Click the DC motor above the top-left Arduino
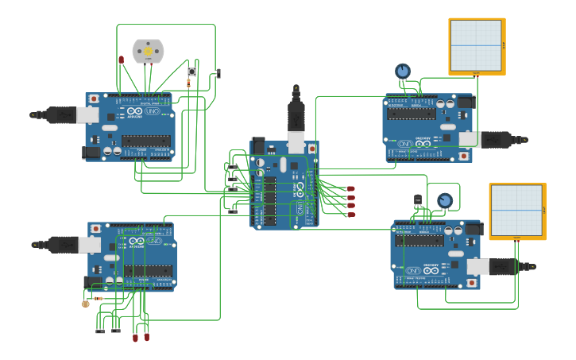147,51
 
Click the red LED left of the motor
122,60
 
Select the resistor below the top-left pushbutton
189,83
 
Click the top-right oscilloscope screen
476,45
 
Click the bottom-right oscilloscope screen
516,210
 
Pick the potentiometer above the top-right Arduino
403,71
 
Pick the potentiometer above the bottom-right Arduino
445,200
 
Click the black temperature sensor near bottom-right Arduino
418,199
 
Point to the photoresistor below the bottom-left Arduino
86,303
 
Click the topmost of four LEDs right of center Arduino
351,188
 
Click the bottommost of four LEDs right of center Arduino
351,215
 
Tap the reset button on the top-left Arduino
94,99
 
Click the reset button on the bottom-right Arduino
472,282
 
